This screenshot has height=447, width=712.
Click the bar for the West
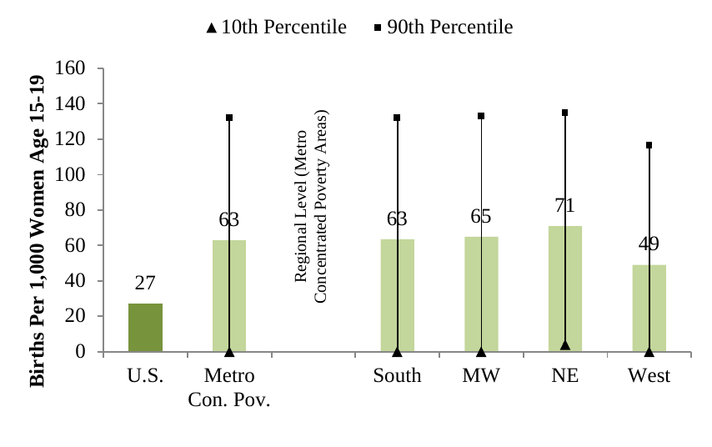click(640, 309)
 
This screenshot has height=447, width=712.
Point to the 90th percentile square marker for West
click(649, 145)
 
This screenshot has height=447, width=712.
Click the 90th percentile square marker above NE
click(564, 113)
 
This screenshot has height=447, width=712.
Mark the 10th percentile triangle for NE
click(564, 344)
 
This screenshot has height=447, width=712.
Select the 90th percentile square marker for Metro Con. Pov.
click(229, 118)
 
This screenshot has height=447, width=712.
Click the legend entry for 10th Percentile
click(276, 28)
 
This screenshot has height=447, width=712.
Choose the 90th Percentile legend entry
click(444, 28)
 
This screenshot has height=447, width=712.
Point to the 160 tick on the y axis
click(75, 68)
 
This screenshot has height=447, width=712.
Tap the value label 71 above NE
click(564, 206)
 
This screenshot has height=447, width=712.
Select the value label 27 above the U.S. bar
click(145, 284)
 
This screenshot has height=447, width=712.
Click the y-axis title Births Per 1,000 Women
click(38, 230)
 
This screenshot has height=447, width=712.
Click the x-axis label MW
click(481, 376)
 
